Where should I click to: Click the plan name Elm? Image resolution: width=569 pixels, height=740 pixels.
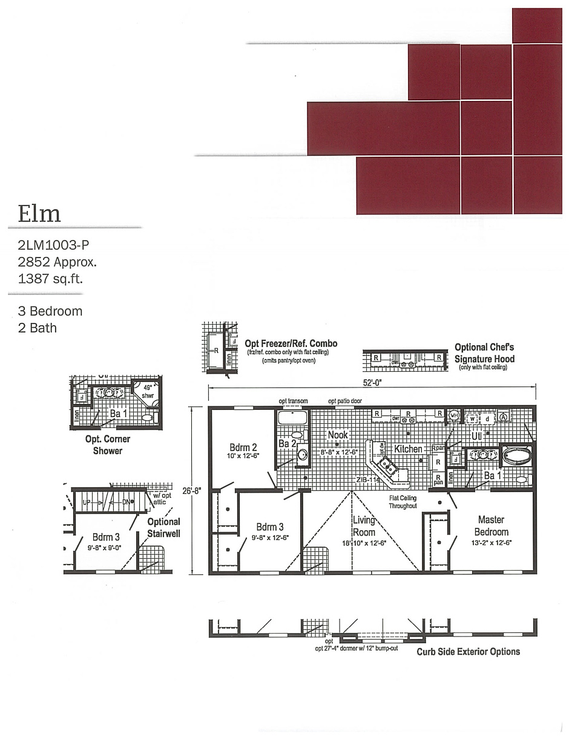[39, 213]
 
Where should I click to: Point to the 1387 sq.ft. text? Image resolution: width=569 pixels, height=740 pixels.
[50, 279]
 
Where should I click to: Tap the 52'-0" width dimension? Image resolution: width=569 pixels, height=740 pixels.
[373, 382]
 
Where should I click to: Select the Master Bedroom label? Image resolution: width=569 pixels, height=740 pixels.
[491, 526]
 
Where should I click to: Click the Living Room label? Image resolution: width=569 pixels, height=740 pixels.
[364, 527]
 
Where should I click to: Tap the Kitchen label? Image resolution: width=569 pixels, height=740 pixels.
[408, 449]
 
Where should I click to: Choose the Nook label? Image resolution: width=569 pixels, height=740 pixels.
[337, 435]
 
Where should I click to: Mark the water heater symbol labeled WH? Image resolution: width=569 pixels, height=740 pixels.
[454, 416]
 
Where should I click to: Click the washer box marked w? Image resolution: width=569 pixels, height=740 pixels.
[472, 418]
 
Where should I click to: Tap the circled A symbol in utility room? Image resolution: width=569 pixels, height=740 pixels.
[504, 417]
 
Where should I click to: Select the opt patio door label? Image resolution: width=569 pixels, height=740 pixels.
[345, 401]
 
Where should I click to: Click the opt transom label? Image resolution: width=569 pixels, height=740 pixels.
[293, 401]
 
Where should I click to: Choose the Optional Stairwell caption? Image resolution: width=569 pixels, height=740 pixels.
[163, 527]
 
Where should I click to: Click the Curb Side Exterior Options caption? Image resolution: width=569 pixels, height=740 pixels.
[468, 652]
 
